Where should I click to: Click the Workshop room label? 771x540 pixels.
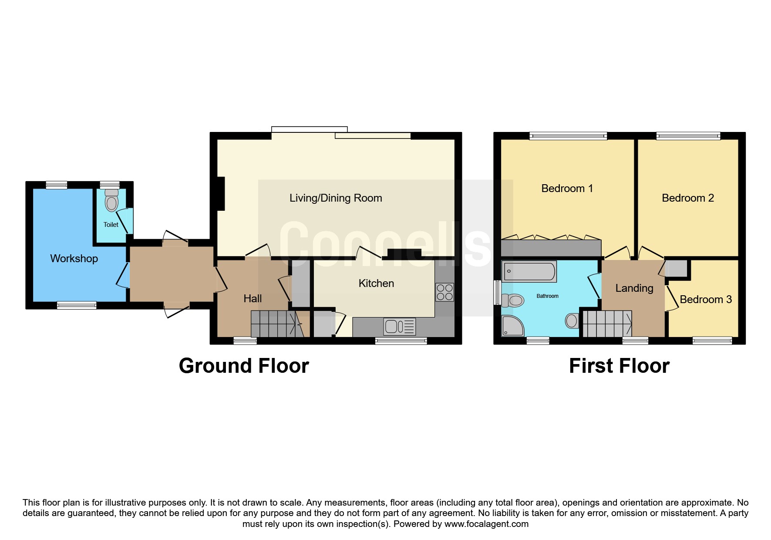pos(74,259)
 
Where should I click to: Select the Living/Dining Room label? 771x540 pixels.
pos(336,198)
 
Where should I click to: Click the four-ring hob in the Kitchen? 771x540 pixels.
pos(444,292)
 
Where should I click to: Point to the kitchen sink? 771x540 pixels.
pos(400,326)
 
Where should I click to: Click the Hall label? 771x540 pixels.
pos(253,298)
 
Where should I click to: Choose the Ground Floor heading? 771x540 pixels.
pos(244,366)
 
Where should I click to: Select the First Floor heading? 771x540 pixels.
pos(619,366)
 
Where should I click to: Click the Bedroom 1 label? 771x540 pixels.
pos(567,189)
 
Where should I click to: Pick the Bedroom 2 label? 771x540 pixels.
pos(688,198)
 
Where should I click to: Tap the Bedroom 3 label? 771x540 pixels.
pos(706,300)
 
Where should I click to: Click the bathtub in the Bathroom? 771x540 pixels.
pos(529,271)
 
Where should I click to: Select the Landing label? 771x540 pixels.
pos(634,288)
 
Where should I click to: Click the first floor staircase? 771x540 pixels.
pos(607,324)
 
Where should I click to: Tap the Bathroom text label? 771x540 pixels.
pos(547,296)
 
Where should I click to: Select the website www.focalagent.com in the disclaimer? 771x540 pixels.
pos(486,524)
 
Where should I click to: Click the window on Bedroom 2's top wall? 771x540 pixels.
pos(688,136)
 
